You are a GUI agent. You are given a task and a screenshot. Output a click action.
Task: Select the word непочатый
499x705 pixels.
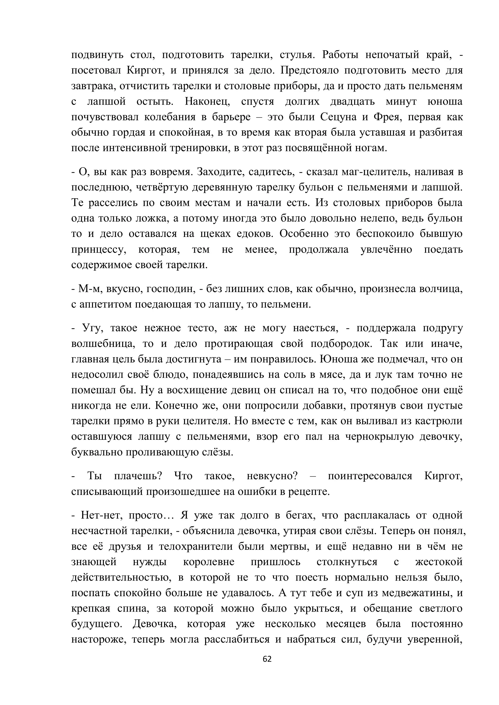392,55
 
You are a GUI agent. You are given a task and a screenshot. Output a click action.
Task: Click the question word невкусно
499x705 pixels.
272,476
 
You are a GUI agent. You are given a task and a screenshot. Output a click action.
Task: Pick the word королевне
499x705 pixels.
209,562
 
